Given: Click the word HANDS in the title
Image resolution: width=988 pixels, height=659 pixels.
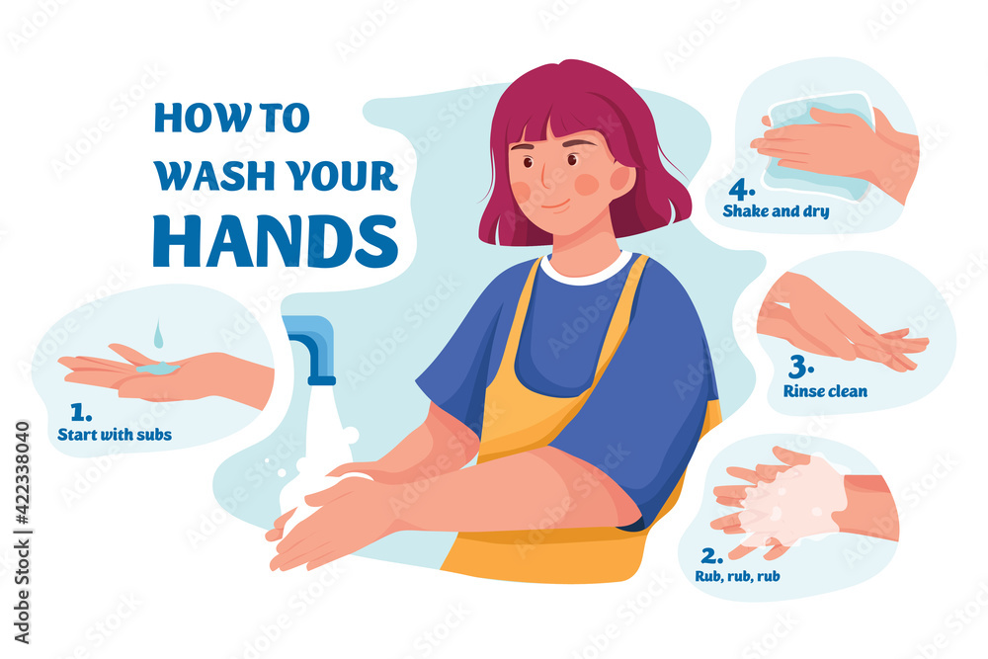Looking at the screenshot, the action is point(276,241).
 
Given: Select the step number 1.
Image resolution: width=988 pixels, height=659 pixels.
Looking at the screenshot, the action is point(81,413).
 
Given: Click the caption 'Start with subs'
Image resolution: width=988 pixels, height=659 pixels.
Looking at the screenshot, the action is point(115,435).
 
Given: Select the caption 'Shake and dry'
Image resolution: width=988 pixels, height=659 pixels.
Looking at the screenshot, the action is point(776,211).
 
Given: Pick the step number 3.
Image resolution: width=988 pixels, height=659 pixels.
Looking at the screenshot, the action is point(801,367).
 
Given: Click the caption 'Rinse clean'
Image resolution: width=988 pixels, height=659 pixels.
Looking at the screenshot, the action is point(825,391).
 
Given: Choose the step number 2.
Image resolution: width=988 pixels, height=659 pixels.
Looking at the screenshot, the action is point(712,555).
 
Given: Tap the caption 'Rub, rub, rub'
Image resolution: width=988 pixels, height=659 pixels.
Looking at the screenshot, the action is point(737,576).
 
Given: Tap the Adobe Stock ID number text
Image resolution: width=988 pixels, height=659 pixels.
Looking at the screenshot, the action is point(22,472).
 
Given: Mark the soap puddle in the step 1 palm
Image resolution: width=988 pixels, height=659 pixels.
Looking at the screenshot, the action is point(157,368).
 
